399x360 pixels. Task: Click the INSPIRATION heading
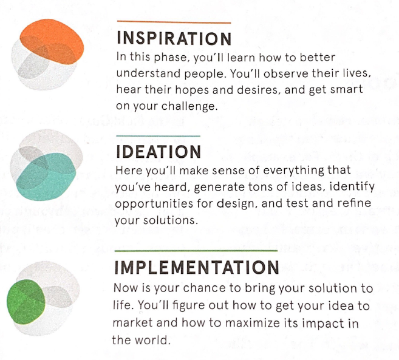pyautogui.click(x=173, y=39)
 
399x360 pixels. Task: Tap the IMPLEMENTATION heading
pyautogui.click(x=196, y=268)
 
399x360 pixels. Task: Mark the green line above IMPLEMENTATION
pyautogui.click(x=196, y=250)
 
